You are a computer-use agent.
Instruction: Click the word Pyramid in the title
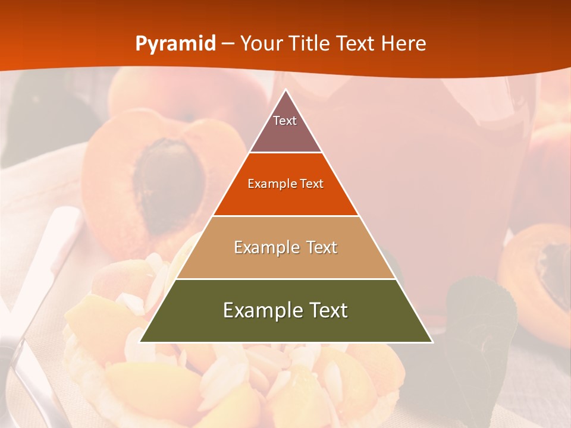click(175, 44)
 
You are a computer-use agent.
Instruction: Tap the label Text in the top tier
click(285, 121)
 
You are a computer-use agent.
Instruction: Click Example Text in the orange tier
click(285, 184)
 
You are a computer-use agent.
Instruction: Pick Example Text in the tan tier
click(285, 247)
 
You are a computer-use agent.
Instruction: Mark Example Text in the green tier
click(285, 310)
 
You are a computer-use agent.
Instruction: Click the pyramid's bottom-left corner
click(141, 341)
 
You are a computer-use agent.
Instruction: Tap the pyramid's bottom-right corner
click(431, 341)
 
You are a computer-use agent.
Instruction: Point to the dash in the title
click(228, 44)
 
